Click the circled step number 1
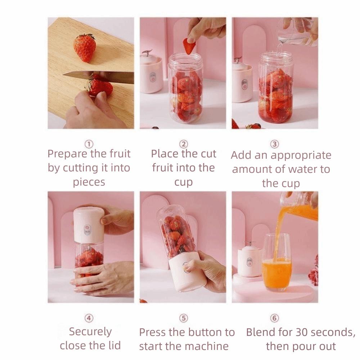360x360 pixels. pyautogui.click(x=89, y=144)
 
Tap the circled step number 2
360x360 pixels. pyautogui.click(x=184, y=144)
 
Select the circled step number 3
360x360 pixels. pyautogui.click(x=275, y=144)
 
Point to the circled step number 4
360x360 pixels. pyautogui.click(x=89, y=318)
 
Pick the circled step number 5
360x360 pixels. pyautogui.click(x=184, y=318)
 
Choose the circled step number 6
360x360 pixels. pyautogui.click(x=275, y=318)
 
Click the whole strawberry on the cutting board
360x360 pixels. pyautogui.click(x=85, y=48)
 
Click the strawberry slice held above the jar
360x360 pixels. pyautogui.click(x=189, y=46)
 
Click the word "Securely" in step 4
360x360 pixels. pyautogui.click(x=90, y=332)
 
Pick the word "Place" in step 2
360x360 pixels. pyautogui.click(x=164, y=154)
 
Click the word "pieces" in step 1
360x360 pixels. pyautogui.click(x=89, y=182)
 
